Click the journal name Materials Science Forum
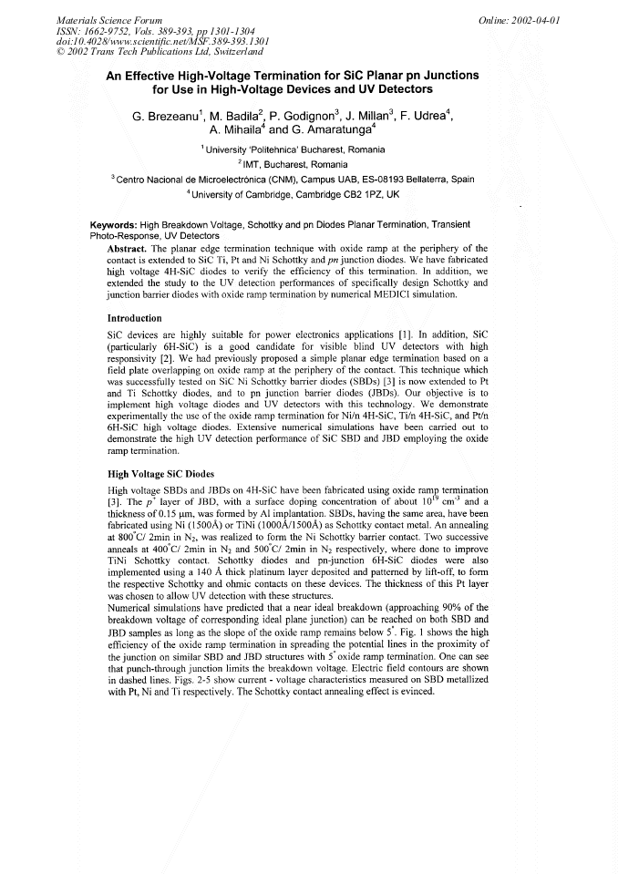[97, 19]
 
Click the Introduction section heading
[134, 318]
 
